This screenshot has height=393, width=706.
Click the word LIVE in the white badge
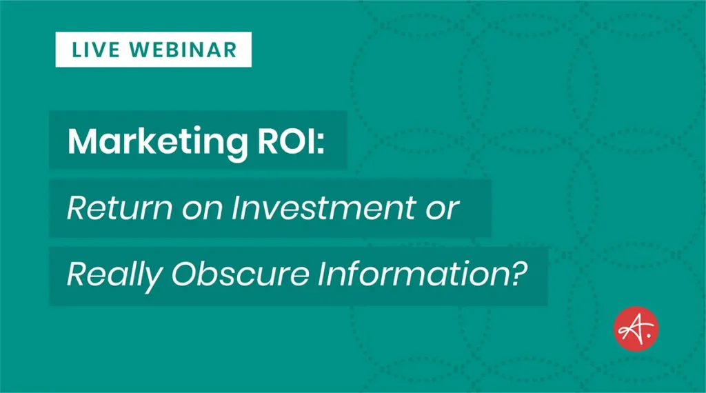pos(94,50)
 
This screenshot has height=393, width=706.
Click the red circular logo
pos(636,329)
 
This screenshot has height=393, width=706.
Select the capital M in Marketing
pos(80,142)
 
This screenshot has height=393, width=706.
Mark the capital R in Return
pos(75,209)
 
